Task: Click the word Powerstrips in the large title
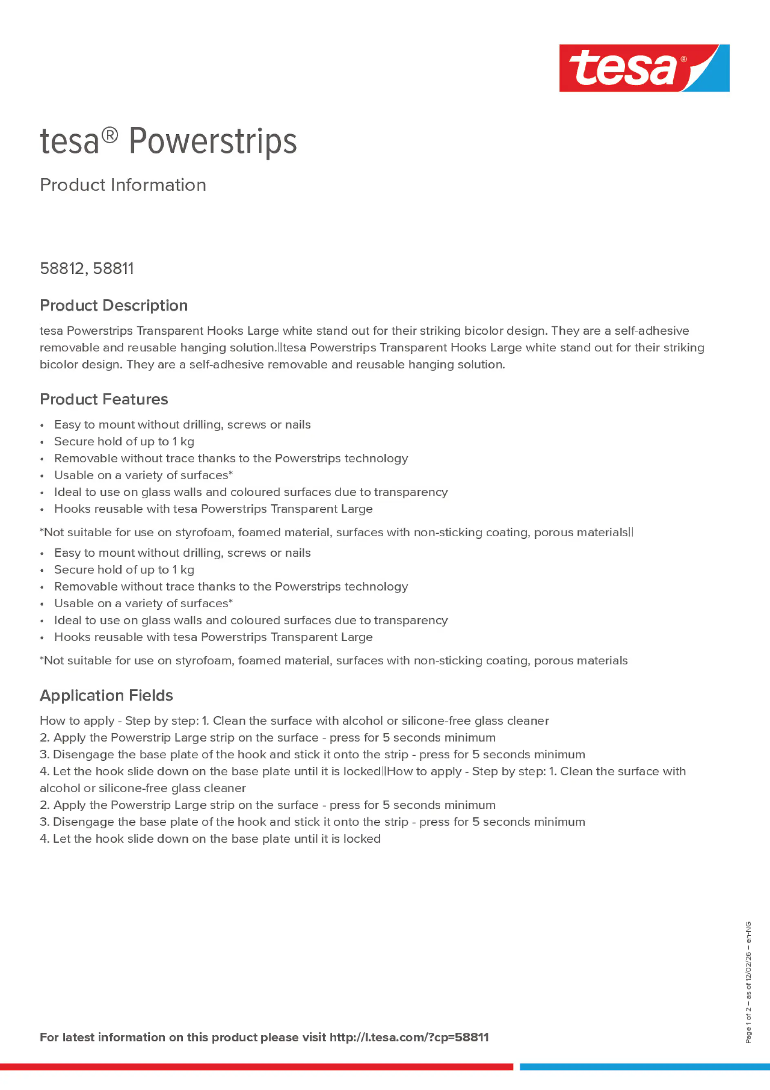[212, 142]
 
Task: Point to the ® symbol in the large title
[110, 135]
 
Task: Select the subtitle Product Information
[123, 185]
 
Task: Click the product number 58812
[62, 268]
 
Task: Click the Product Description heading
[113, 305]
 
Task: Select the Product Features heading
[104, 399]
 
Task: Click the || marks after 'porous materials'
[631, 532]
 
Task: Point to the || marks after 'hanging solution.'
[280, 348]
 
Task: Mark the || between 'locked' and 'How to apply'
[384, 771]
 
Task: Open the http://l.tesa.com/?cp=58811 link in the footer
[409, 1037]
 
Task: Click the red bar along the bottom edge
[256, 1067]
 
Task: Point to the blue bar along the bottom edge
[645, 1067]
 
